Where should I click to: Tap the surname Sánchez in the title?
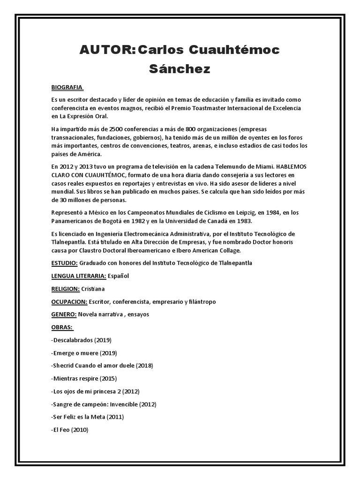pyautogui.click(x=180, y=69)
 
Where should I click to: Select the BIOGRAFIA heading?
pyautogui.click(x=67, y=88)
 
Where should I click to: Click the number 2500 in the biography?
pyautogui.click(x=116, y=129)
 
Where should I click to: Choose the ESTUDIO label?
pyautogui.click(x=64, y=263)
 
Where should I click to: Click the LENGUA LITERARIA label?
pyautogui.click(x=79, y=276)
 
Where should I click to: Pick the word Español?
pyautogui.click(x=118, y=276)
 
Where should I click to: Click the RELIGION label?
pyautogui.click(x=65, y=289)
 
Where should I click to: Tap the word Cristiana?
pyautogui.click(x=93, y=289)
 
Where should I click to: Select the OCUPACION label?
pyautogui.click(x=68, y=301)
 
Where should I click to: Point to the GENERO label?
pyautogui.click(x=63, y=314)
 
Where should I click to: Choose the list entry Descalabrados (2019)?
pyautogui.click(x=82, y=340)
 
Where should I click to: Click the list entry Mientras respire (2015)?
pyautogui.click(x=84, y=378)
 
